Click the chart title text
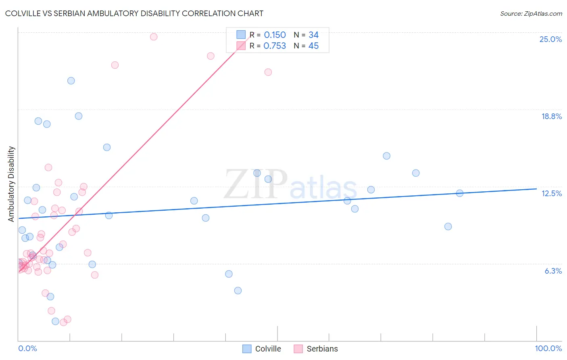(x=134, y=13)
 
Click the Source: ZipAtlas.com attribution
(x=531, y=13)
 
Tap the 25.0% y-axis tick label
(x=550, y=39)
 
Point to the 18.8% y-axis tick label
(x=551, y=116)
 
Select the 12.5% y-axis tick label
(x=551, y=193)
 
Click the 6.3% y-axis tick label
(x=553, y=271)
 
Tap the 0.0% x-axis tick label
(x=27, y=348)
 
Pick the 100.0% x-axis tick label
(x=548, y=348)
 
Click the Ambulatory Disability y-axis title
(x=11, y=184)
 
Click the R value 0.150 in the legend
(x=275, y=35)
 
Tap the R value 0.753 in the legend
(x=275, y=46)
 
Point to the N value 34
(x=313, y=35)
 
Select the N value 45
(x=313, y=46)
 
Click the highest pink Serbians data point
(x=154, y=37)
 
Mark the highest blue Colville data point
(x=71, y=81)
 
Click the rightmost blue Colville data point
(x=460, y=193)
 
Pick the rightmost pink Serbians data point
(x=268, y=72)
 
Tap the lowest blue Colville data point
(x=55, y=321)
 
